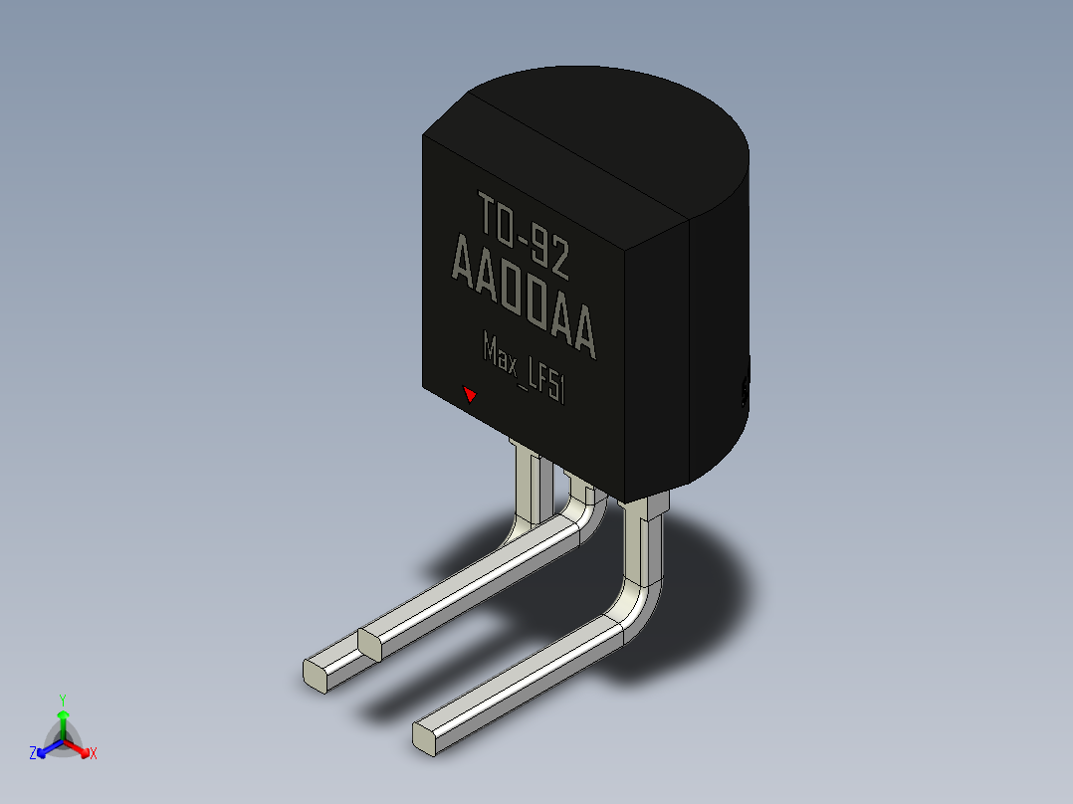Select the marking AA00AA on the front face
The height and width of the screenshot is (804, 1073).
point(525,295)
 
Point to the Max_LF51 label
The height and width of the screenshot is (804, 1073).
point(525,367)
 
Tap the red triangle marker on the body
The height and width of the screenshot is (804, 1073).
point(470,394)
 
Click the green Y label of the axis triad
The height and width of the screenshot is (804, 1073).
point(63,700)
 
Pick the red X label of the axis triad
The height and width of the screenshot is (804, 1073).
point(94,753)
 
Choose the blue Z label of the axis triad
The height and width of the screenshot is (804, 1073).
point(32,752)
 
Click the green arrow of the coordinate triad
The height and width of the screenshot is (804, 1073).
point(63,724)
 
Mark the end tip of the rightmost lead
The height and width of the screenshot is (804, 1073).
point(424,739)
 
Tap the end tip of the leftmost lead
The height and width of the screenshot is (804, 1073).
point(315,676)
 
